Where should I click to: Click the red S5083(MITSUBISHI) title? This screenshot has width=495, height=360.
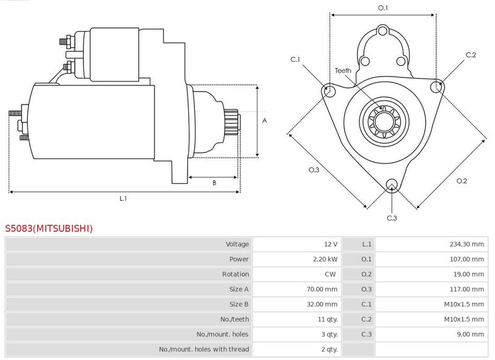coord(49,228)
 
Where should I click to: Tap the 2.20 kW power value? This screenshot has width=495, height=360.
coord(325,259)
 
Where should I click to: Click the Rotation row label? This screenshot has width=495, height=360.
coord(235,274)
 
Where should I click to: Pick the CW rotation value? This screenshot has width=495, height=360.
coord(330,274)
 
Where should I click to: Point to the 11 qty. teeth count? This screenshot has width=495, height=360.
coord(327,319)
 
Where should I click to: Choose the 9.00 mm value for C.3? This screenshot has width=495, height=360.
coord(470,334)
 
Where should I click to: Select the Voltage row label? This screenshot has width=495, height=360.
coord(237,244)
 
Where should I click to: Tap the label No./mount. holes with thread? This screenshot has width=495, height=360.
coord(204,349)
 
